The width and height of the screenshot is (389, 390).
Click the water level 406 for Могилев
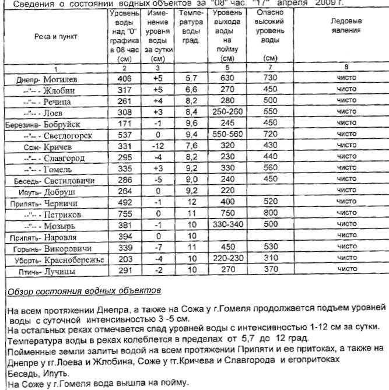point(124,78)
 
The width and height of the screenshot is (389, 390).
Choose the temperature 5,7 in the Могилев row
point(191,78)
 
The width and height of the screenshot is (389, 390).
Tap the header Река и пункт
point(55,36)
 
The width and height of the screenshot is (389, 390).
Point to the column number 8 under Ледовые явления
point(346,68)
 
